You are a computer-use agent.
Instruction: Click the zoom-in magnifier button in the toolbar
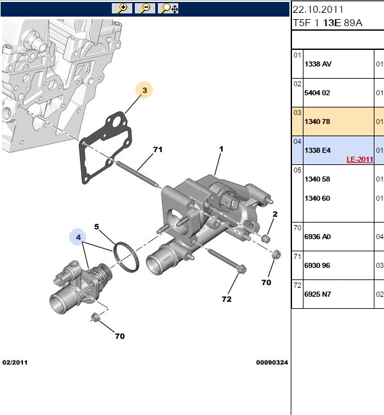click(x=122, y=8)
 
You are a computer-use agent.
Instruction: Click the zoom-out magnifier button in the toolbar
click(x=144, y=8)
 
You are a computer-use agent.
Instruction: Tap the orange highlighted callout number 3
click(x=144, y=90)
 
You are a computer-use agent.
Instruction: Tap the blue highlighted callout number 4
click(x=78, y=237)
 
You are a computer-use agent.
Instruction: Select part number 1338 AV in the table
click(x=318, y=64)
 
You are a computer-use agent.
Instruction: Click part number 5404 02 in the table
click(x=317, y=93)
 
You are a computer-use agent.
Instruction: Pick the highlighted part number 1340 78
click(x=317, y=121)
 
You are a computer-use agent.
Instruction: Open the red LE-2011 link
click(x=360, y=159)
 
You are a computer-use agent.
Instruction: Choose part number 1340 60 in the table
click(x=317, y=198)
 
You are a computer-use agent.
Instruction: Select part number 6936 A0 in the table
click(x=318, y=237)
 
